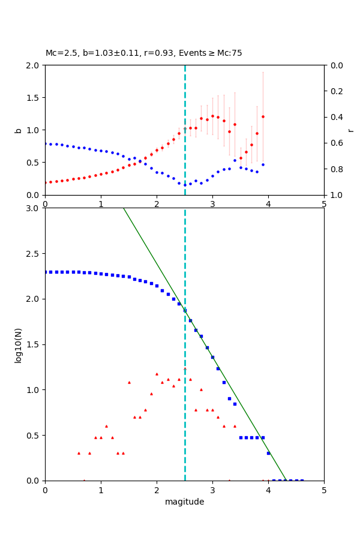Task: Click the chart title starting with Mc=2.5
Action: [144, 53]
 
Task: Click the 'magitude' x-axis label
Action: [184, 502]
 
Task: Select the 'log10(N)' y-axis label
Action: [18, 344]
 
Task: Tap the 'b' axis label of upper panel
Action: [18, 130]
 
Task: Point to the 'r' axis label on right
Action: [350, 130]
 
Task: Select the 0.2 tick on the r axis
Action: [334, 91]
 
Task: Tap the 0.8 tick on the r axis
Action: [334, 169]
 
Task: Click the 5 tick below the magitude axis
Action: [324, 490]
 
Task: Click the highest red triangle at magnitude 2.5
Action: [185, 368]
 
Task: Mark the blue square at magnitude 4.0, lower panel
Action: [268, 453]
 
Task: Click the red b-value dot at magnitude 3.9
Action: [263, 116]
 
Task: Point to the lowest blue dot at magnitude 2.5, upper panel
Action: [185, 185]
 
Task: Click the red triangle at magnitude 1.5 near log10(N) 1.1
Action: [129, 382]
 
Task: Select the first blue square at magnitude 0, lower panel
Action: [46, 272]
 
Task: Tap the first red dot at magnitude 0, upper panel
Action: [46, 182]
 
